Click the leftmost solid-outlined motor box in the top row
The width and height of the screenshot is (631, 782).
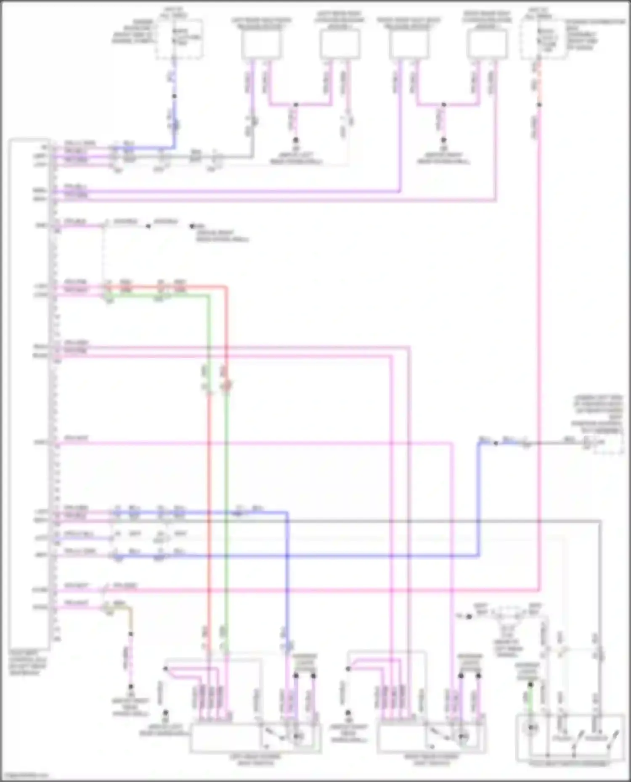pyautogui.click(x=261, y=45)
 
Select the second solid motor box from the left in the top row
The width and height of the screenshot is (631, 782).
pyautogui.click(x=339, y=45)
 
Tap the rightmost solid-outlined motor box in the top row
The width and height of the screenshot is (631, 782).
pyautogui.click(x=487, y=45)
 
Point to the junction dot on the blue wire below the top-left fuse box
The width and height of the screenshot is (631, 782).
pyautogui.click(x=174, y=96)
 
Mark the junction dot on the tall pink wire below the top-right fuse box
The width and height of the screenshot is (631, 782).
pyautogui.click(x=539, y=105)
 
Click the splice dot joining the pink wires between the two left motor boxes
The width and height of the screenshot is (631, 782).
pyautogui.click(x=296, y=105)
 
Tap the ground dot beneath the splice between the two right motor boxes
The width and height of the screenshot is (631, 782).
pyautogui.click(x=443, y=140)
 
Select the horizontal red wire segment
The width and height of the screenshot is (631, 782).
pyautogui.click(x=168, y=287)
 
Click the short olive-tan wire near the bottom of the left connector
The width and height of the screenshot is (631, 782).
pyautogui.click(x=122, y=608)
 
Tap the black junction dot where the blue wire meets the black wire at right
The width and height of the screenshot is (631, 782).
pyautogui.click(x=496, y=443)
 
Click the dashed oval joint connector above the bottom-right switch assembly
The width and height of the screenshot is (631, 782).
pyautogui.click(x=509, y=614)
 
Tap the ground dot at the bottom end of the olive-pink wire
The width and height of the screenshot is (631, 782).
pyautogui.click(x=131, y=687)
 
